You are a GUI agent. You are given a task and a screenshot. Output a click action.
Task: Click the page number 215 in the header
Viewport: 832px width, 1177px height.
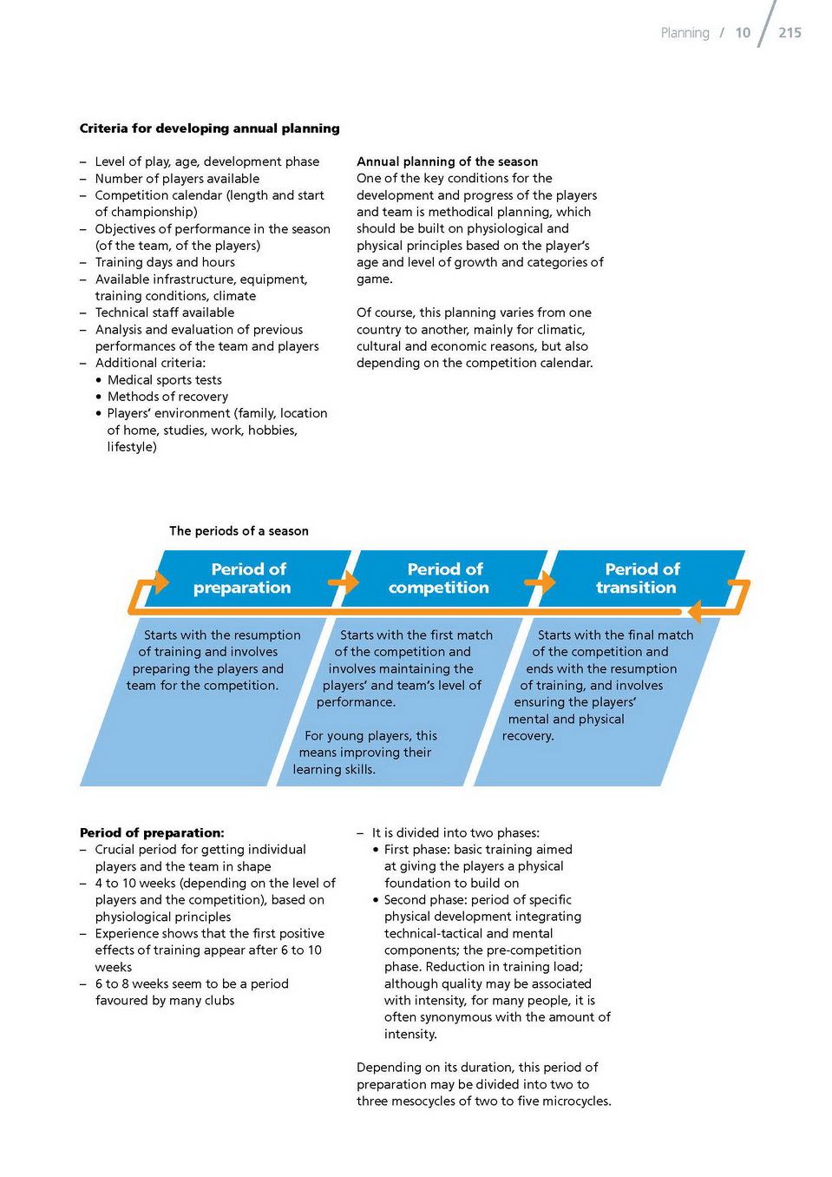[x=789, y=33]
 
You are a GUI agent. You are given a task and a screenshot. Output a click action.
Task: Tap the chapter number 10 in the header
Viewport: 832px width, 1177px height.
[x=743, y=33]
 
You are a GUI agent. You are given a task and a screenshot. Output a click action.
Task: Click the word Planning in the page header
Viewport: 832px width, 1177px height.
[x=685, y=33]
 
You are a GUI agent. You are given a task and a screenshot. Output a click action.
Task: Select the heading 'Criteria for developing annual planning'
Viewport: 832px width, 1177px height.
[x=209, y=128]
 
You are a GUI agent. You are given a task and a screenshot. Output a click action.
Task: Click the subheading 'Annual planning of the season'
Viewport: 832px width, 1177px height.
[x=447, y=161]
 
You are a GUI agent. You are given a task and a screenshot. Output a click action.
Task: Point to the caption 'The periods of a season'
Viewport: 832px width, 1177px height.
[x=239, y=531]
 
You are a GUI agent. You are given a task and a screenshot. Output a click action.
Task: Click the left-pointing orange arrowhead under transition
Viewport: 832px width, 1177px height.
[x=694, y=612]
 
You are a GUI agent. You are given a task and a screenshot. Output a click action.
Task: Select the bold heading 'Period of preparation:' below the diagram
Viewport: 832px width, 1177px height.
[x=152, y=832]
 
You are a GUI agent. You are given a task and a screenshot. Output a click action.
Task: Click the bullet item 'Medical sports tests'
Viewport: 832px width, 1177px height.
[x=164, y=380]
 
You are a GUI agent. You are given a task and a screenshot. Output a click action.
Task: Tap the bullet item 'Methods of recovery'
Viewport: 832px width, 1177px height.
[x=167, y=397]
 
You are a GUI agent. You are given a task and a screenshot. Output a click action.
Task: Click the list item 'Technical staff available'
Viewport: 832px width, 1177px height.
[x=165, y=312]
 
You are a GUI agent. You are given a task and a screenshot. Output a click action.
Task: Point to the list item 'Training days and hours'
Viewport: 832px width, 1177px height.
[x=165, y=262]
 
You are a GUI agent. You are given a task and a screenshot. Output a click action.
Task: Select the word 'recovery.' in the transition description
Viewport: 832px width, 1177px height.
[x=527, y=736]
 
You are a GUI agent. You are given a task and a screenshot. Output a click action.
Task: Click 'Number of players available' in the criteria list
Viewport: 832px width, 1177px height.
[x=177, y=179]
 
